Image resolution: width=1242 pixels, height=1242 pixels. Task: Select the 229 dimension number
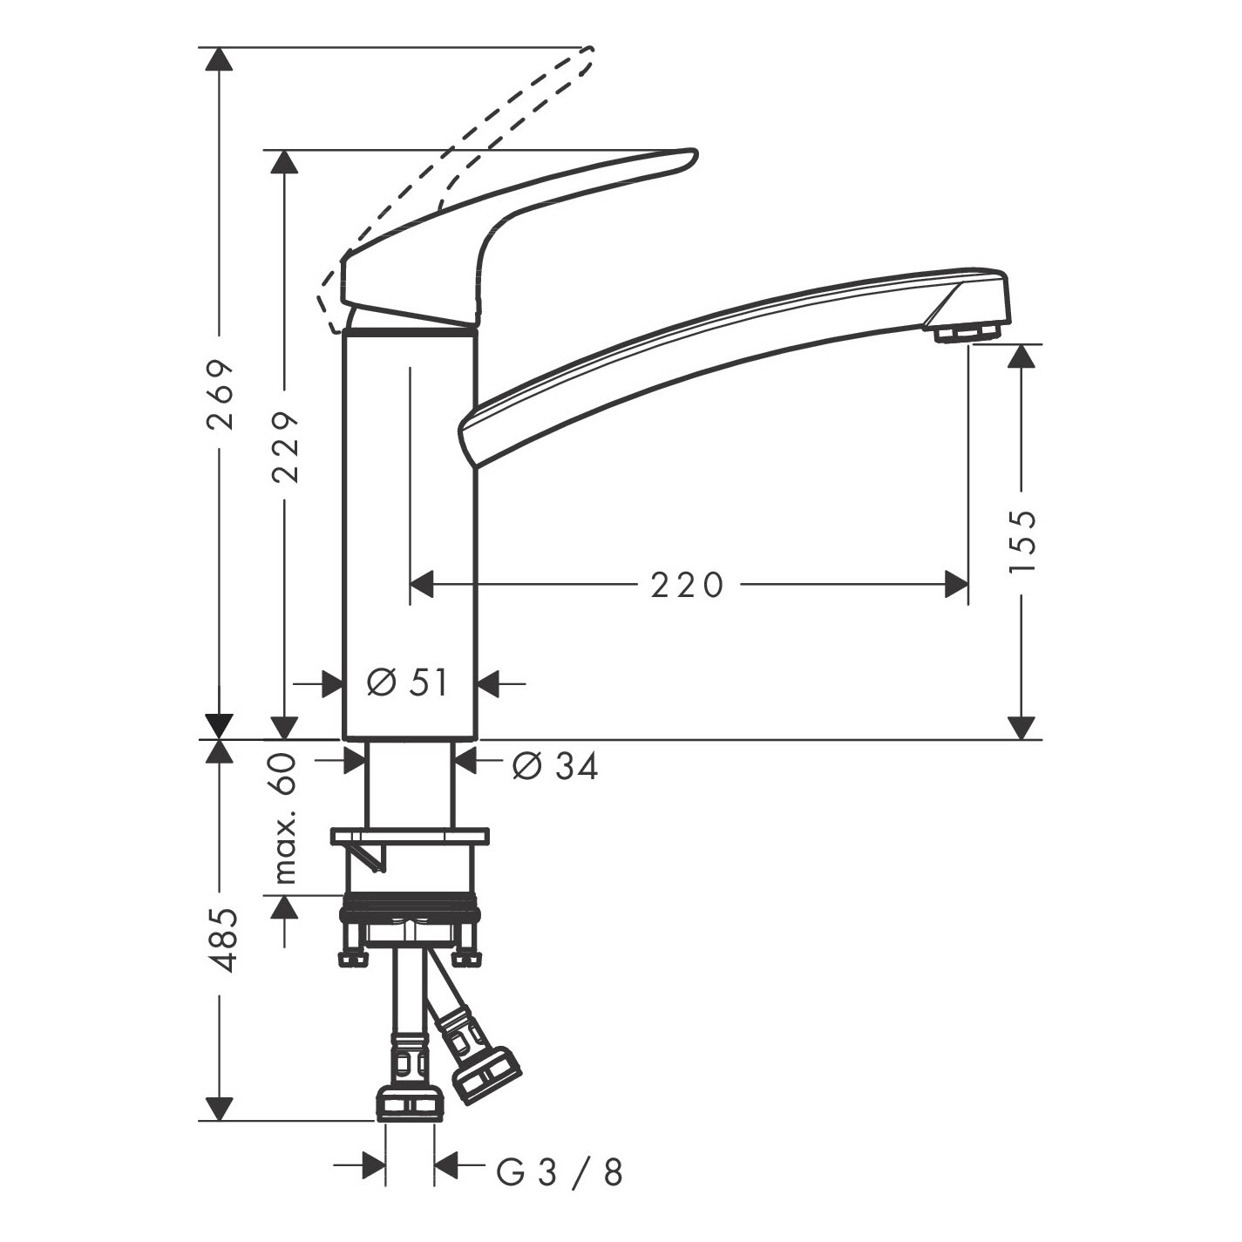pos(285,447)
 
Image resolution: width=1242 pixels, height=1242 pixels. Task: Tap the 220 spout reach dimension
pos(687,585)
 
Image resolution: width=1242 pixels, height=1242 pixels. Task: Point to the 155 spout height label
pos(1021,540)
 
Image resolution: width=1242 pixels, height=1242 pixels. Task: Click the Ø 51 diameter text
pos(407,682)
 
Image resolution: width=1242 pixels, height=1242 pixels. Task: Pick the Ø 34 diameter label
pos(555,766)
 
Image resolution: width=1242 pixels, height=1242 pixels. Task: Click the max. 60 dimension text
pos(284,818)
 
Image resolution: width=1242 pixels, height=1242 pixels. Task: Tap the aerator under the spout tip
pos(966,333)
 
